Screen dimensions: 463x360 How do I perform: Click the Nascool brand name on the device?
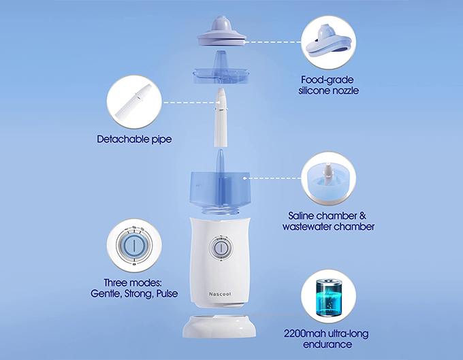click(x=220, y=294)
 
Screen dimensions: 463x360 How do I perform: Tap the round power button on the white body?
click(x=221, y=247)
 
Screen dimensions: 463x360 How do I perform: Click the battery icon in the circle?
click(x=328, y=297)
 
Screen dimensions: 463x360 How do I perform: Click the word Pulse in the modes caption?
click(x=167, y=293)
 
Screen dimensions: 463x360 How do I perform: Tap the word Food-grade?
click(x=328, y=80)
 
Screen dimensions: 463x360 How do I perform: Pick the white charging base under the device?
click(x=219, y=327)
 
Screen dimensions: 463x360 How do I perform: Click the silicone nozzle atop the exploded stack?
click(x=221, y=31)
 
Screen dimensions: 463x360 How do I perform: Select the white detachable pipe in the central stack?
click(x=221, y=118)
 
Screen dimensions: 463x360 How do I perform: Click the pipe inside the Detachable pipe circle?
click(x=133, y=101)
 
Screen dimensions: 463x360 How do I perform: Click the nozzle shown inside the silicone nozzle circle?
click(x=328, y=42)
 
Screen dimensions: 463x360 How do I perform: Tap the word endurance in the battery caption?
click(x=328, y=344)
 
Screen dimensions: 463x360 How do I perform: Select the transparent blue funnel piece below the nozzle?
click(x=221, y=69)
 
